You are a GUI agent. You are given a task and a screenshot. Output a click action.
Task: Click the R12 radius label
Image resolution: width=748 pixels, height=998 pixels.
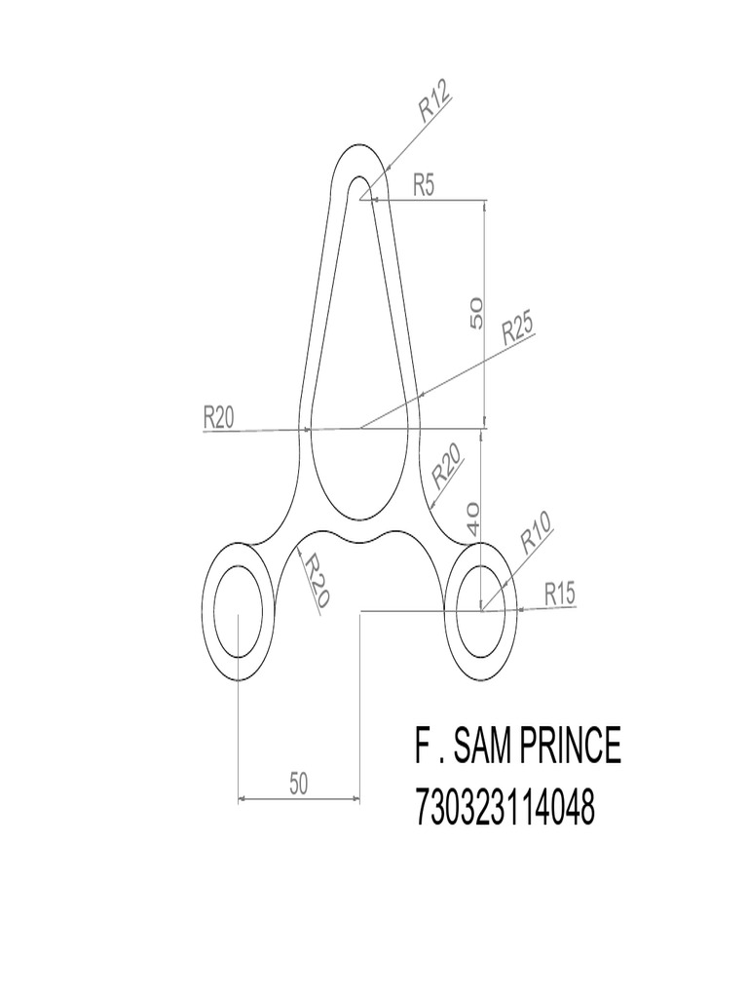point(435,102)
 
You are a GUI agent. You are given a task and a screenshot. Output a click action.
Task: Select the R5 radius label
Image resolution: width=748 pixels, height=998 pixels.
point(424,184)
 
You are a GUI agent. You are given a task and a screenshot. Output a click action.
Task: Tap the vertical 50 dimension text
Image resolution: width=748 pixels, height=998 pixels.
point(476,312)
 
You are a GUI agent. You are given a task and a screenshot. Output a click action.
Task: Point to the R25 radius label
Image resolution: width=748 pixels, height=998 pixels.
point(518,331)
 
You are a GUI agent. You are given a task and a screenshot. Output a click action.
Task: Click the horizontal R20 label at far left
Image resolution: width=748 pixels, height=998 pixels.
point(219,417)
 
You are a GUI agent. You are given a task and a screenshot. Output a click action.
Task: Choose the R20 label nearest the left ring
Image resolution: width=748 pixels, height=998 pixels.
point(314,581)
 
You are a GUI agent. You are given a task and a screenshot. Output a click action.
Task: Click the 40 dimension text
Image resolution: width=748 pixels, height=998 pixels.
point(473,518)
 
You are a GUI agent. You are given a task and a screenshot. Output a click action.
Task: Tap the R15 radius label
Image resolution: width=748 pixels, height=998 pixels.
point(561,592)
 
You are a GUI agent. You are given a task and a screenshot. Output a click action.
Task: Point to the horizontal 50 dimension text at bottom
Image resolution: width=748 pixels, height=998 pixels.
point(299,783)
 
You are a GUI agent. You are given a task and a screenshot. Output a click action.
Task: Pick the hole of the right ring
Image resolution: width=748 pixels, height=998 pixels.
point(481,610)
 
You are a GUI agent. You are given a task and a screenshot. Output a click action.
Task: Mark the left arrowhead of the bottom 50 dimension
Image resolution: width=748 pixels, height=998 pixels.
point(243,799)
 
